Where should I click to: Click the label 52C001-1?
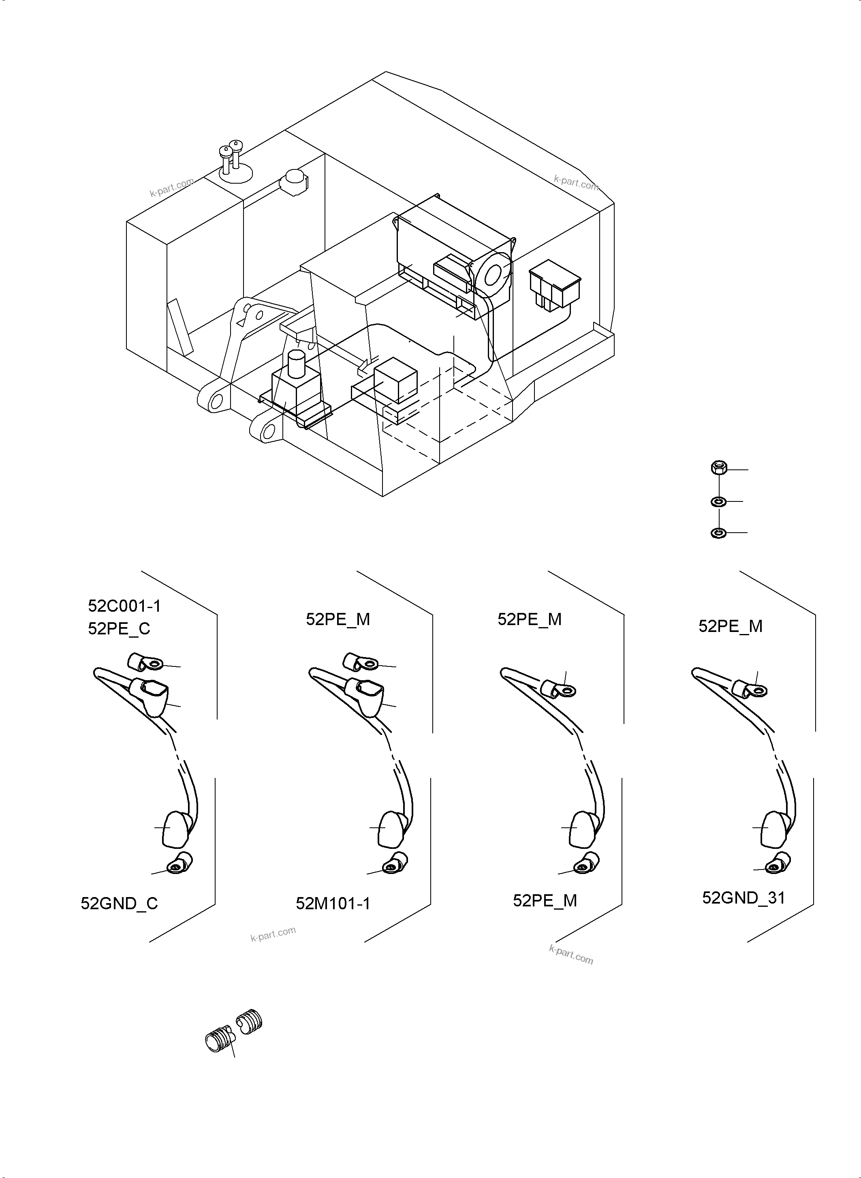[124, 606]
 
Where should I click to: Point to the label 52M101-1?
[333, 903]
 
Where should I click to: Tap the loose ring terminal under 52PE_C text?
[145, 662]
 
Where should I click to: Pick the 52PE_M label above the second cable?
[338, 619]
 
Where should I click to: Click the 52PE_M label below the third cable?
[545, 901]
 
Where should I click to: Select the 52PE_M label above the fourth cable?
[730, 626]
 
